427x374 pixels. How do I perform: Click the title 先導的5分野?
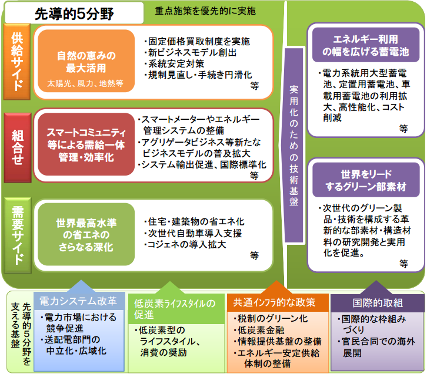(74, 14)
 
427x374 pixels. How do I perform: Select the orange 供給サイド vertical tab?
(17, 62)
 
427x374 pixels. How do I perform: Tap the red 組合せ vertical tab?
(18, 147)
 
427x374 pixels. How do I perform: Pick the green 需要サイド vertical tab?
(18, 235)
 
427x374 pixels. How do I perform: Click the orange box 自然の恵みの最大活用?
(86, 61)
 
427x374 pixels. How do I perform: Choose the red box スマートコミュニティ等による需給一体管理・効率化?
(86, 144)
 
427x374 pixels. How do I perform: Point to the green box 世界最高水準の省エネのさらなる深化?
(86, 234)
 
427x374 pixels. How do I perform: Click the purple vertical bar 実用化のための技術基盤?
(294, 146)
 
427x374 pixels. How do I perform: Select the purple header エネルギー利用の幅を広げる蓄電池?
(366, 45)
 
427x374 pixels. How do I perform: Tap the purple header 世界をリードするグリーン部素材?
(366, 180)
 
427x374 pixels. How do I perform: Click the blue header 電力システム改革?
(79, 301)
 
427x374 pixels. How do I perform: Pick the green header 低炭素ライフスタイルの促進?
(176, 309)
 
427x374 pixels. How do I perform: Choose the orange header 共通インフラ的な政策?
(278, 302)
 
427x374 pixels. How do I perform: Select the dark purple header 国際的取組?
(378, 303)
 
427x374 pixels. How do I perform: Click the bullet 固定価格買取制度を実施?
(197, 41)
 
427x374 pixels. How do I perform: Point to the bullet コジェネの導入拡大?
(185, 245)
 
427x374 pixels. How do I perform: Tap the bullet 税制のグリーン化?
(271, 319)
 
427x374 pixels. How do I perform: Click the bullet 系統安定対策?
(174, 63)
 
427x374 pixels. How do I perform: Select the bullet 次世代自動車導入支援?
(193, 233)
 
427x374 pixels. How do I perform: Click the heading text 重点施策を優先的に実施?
(205, 11)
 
